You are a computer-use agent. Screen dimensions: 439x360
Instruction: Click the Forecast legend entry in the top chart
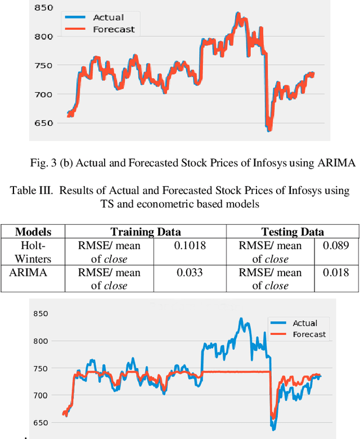pyautogui.click(x=114, y=29)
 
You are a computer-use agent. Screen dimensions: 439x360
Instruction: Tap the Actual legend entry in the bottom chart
pyautogui.click(x=305, y=323)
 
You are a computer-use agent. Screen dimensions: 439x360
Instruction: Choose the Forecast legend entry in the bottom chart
pyautogui.click(x=309, y=334)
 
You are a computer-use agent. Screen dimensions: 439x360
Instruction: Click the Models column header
pyautogui.click(x=33, y=232)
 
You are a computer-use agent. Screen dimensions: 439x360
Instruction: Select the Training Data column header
pyautogui.click(x=145, y=232)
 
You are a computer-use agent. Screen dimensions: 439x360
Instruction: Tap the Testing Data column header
pyautogui.click(x=292, y=232)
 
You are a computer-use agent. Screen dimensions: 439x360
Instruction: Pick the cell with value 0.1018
pyautogui.click(x=191, y=245)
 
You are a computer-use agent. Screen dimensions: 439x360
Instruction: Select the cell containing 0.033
pyautogui.click(x=191, y=273)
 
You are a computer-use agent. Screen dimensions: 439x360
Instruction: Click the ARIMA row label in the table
pyautogui.click(x=33, y=273)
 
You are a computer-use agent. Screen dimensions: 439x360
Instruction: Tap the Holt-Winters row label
pyautogui.click(x=33, y=252)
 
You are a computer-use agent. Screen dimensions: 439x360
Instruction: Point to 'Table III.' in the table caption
pyautogui.click(x=31, y=191)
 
